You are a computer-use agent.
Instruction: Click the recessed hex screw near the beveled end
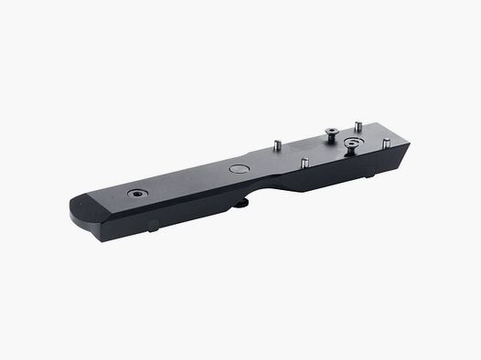pyautogui.click(x=136, y=194)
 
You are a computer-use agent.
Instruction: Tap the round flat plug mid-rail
pyautogui.click(x=239, y=168)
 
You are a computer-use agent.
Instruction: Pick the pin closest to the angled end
pyautogui.click(x=386, y=143)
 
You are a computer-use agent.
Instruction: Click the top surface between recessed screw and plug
pyautogui.click(x=187, y=181)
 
